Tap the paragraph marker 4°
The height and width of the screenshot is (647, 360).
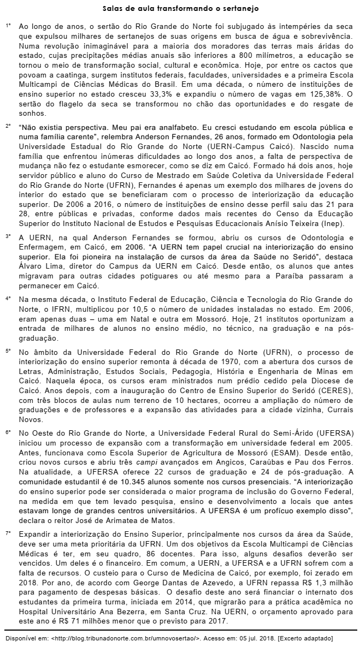tap(8, 299)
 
